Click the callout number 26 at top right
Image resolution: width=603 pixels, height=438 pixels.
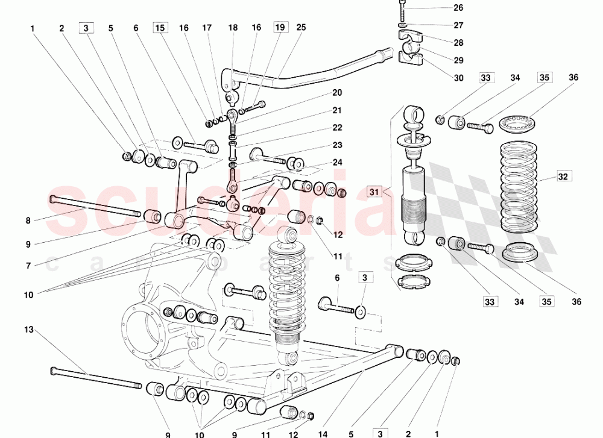459,8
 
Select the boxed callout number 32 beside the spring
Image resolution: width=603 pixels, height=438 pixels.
563,177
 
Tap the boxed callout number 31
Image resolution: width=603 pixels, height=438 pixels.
374,192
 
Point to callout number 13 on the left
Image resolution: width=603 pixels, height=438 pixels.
28,330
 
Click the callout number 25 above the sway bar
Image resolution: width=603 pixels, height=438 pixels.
301,28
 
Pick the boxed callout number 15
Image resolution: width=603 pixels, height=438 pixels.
160,28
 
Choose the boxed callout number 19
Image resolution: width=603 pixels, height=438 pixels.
280,28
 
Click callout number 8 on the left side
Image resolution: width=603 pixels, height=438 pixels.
28,221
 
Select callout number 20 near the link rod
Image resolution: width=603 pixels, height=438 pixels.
337,93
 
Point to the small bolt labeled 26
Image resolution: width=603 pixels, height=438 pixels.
403,10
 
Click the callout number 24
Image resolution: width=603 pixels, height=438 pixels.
337,162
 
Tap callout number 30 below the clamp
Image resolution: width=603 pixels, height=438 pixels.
459,78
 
